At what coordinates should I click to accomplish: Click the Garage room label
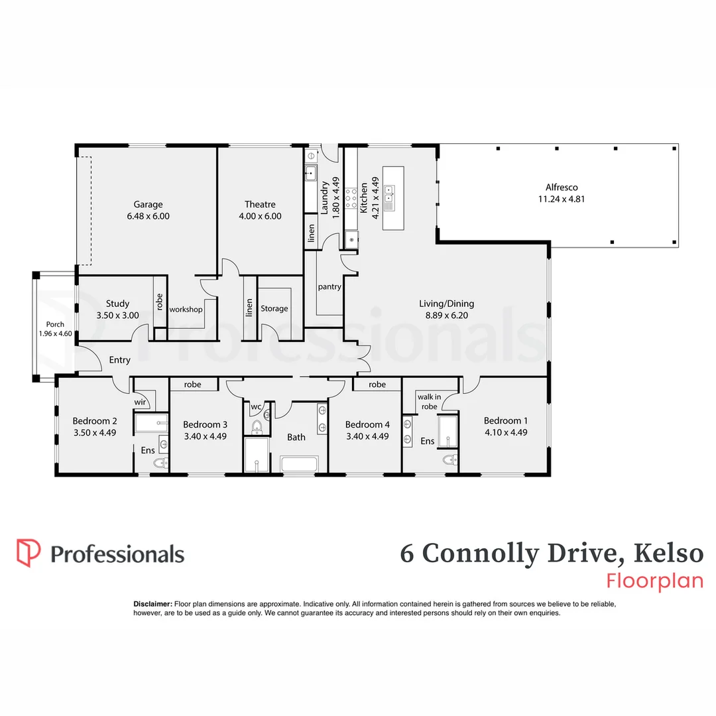(x=148, y=204)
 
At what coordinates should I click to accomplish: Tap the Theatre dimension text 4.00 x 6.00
(x=260, y=216)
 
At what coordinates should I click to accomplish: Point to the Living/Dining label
(x=446, y=304)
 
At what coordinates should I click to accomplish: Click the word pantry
(x=329, y=287)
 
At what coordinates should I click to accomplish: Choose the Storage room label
(x=274, y=308)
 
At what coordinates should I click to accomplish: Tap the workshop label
(x=185, y=309)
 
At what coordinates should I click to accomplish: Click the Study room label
(x=117, y=304)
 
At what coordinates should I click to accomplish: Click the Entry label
(x=119, y=360)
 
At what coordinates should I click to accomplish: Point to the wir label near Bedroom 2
(x=140, y=401)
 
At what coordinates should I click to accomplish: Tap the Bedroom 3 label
(x=205, y=424)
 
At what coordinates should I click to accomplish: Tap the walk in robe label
(x=428, y=402)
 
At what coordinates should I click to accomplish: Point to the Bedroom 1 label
(x=505, y=420)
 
